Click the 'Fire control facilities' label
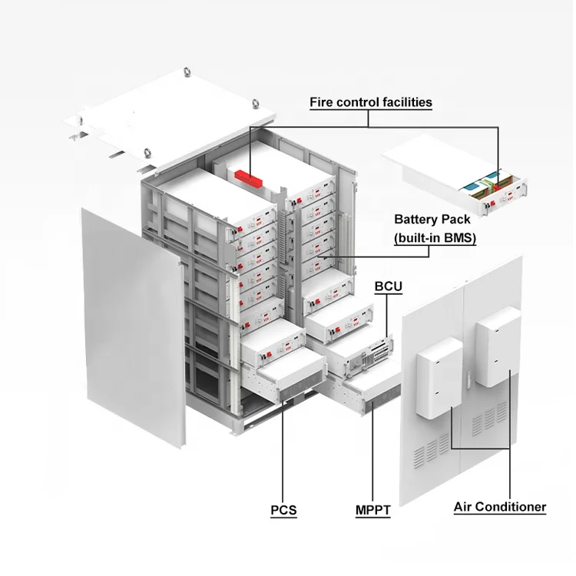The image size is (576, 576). point(370,101)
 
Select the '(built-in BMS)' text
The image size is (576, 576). point(435,238)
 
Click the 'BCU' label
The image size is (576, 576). point(388,286)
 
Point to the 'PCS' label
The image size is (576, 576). point(283,510)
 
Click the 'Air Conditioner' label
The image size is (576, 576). point(499,507)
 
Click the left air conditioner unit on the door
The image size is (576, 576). point(439,377)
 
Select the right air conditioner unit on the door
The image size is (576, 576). point(498,346)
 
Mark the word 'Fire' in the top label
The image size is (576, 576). point(322,101)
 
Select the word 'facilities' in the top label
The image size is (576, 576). point(406,101)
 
